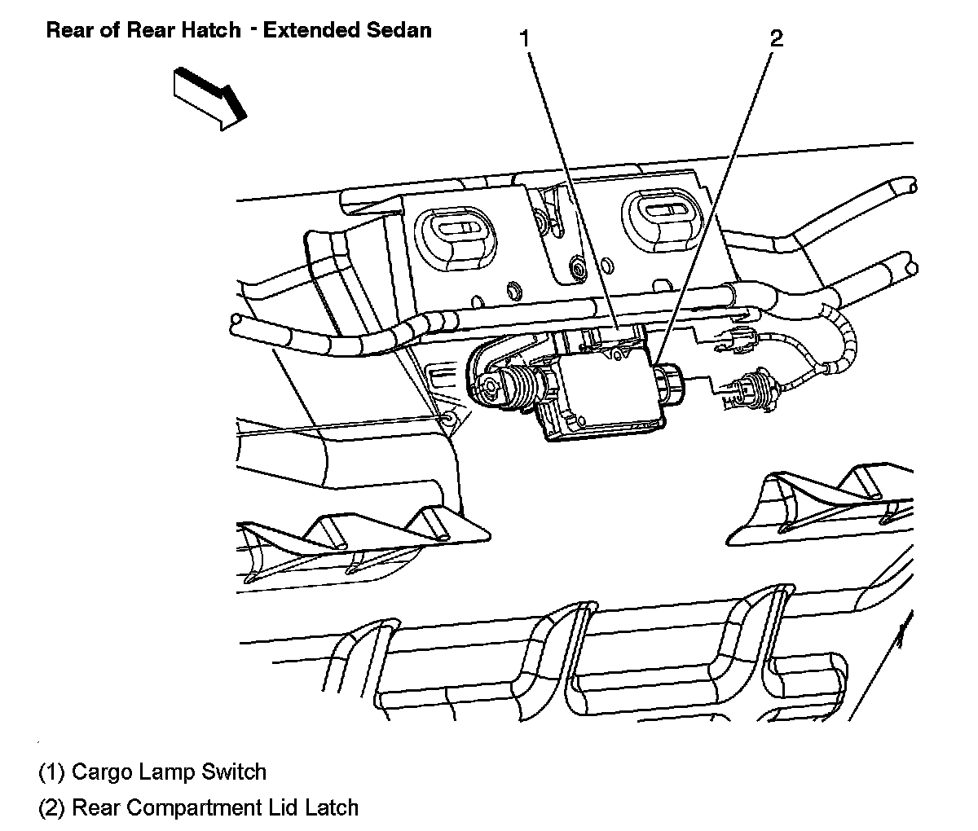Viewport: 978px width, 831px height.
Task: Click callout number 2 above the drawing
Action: tap(776, 38)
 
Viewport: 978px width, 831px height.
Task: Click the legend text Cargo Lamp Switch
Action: tap(169, 771)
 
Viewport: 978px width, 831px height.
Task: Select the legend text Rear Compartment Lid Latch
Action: tap(215, 807)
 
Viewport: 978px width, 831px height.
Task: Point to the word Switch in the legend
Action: tap(237, 771)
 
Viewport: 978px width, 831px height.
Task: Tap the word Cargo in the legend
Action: tap(97, 771)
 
